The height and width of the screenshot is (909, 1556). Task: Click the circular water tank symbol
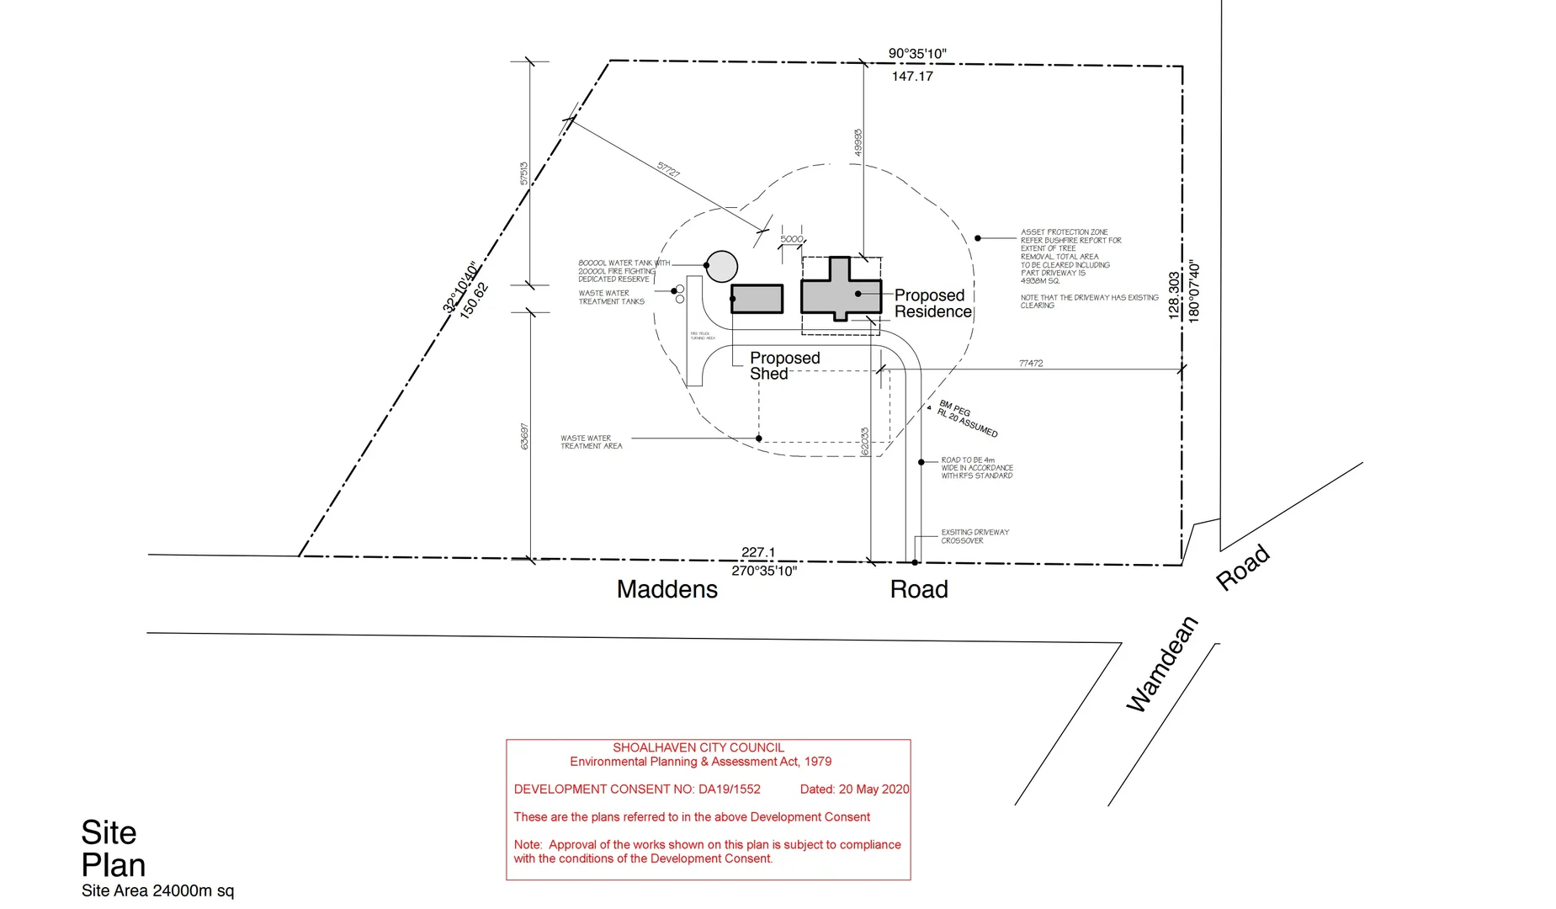[x=721, y=266]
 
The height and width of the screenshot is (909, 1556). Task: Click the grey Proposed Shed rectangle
[x=757, y=299]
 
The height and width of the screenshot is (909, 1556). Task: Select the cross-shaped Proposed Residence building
[x=840, y=291]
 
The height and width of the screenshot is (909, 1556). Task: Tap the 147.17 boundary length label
[x=912, y=77]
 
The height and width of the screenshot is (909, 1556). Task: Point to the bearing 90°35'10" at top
[x=917, y=54]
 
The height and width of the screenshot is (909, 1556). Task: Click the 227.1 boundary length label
[x=758, y=552]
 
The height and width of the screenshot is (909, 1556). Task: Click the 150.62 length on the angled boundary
[x=474, y=300]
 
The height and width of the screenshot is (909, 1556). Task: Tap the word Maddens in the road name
[x=666, y=589]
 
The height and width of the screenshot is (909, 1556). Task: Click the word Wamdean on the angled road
[x=1162, y=664]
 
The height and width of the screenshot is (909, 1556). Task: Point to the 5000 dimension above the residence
[x=791, y=239]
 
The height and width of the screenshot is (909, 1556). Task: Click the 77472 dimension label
[x=1031, y=364]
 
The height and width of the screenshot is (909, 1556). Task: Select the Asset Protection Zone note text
[x=1065, y=257]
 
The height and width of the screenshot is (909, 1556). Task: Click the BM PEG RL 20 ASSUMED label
[x=968, y=418]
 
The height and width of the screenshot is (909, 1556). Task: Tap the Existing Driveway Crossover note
[x=974, y=536]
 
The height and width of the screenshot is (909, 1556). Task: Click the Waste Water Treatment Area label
[x=592, y=442]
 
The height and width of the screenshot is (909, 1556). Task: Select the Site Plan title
[x=113, y=848]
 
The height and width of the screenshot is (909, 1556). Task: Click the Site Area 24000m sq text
[x=157, y=890]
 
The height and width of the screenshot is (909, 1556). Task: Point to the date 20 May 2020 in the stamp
[x=854, y=789]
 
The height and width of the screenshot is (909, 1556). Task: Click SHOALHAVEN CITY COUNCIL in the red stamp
[x=698, y=747]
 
